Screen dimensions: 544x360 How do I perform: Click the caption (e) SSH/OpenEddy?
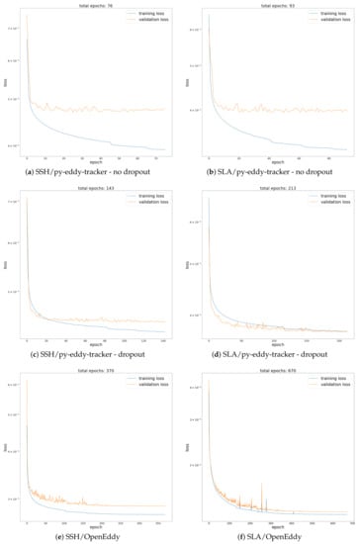pos(90,535)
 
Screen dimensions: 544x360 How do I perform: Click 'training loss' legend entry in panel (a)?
pos(150,13)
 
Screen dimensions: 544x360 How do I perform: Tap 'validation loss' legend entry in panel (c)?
pos(151,201)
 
